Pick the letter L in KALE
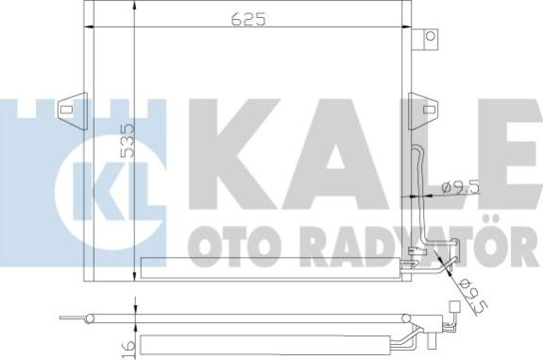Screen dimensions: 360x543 point(413,151)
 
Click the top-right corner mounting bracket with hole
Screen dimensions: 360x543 point(432,39)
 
